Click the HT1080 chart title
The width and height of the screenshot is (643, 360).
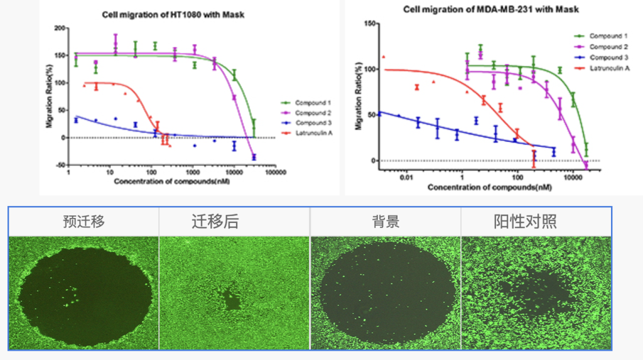[x=173, y=14]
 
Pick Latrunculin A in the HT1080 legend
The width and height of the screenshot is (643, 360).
[x=313, y=133]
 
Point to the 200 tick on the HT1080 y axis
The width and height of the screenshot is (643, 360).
[x=61, y=28]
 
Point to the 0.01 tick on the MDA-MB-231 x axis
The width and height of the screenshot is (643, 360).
[x=407, y=178]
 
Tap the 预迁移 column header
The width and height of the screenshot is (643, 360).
[x=84, y=221]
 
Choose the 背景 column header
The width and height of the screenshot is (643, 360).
[x=386, y=221]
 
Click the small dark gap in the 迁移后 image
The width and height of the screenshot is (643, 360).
[x=234, y=300]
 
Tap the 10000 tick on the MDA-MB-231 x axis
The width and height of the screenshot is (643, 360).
[x=573, y=178]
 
